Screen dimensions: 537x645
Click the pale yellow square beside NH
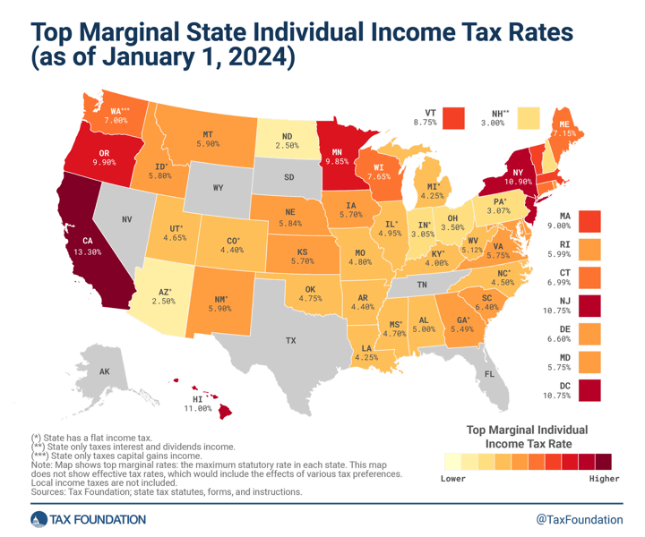coord(529,118)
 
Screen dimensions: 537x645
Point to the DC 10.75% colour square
coord(589,390)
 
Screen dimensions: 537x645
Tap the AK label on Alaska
coord(104,371)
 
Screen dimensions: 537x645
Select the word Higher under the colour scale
coord(604,479)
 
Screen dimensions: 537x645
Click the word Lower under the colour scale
coord(454,479)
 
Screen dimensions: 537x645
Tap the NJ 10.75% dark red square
coord(589,306)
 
